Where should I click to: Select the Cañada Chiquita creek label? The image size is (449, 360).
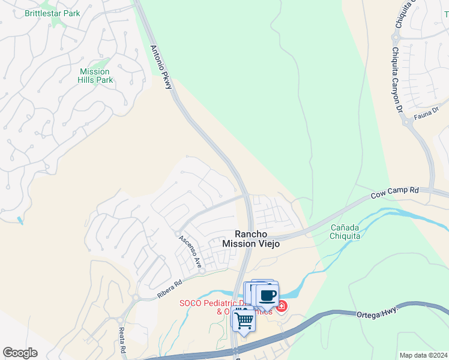pyautogui.click(x=345, y=232)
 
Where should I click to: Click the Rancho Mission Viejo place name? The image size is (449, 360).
pyautogui.click(x=251, y=239)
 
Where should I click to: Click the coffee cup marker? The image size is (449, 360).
pyautogui.click(x=267, y=296)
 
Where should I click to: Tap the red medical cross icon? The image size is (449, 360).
pyautogui.click(x=281, y=307)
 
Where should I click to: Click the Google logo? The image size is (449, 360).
pyautogui.click(x=20, y=353)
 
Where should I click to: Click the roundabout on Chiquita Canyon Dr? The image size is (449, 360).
pyautogui.click(x=409, y=123)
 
